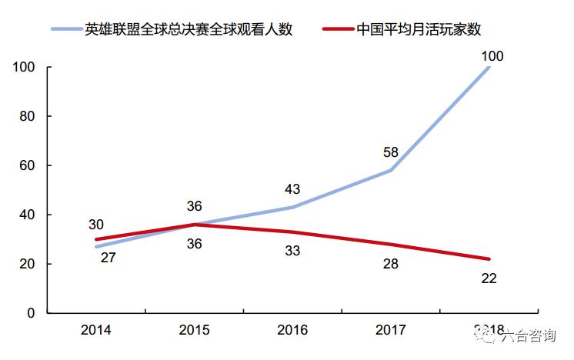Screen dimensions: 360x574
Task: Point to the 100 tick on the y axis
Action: click(x=25, y=68)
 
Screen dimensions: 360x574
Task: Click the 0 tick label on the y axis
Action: click(x=32, y=313)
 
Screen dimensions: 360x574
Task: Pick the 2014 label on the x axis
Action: click(x=95, y=331)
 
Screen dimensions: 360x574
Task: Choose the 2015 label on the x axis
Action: click(x=194, y=331)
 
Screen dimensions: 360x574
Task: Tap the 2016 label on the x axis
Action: click(x=292, y=331)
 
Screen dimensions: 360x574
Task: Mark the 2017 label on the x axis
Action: click(x=391, y=331)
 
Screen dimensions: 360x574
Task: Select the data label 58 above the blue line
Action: click(x=390, y=152)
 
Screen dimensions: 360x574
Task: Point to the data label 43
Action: click(x=292, y=188)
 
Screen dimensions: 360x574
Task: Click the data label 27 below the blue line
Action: click(x=108, y=258)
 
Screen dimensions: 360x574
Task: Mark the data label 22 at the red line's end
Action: click(x=489, y=278)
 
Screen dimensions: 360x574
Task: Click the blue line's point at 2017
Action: click(x=391, y=170)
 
